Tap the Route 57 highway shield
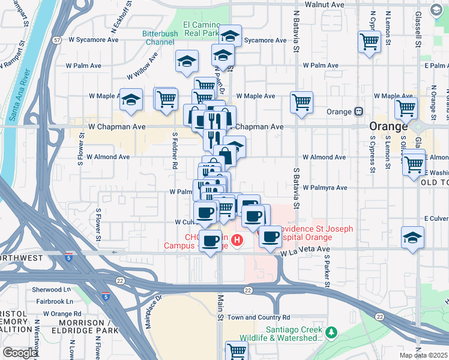pyautogui.click(x=56, y=40)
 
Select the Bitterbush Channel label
pyautogui.click(x=160, y=38)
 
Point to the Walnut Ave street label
pyautogui.click(x=324, y=4)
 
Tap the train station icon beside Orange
pyautogui.click(x=359, y=112)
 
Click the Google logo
pyautogui.click(x=20, y=353)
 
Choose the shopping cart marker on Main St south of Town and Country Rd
pyautogui.click(x=237, y=350)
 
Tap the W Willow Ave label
pyautogui.click(x=142, y=66)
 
